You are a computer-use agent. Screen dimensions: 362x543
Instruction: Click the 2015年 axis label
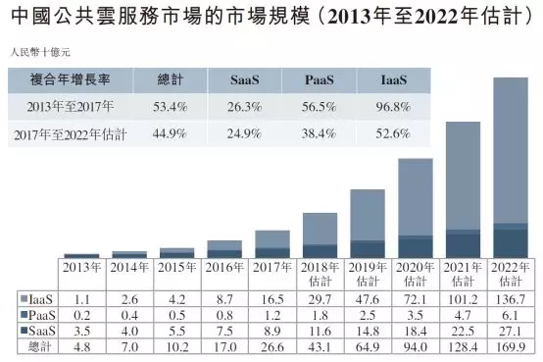176,267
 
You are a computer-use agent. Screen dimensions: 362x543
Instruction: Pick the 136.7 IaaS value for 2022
510,297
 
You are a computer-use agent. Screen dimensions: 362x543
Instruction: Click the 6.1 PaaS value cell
510,313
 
